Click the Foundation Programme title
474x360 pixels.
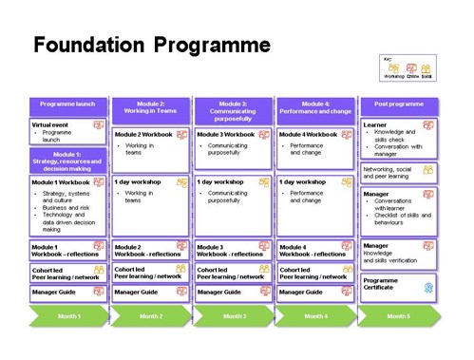(x=151, y=46)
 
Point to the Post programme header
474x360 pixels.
(x=397, y=104)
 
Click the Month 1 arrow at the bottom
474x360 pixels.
(x=68, y=314)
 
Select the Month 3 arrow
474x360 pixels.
(x=233, y=314)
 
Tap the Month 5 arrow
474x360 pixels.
(x=397, y=314)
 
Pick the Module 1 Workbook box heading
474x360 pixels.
(x=60, y=181)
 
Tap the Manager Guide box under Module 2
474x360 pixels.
(x=150, y=293)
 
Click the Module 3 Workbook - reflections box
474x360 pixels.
(x=233, y=250)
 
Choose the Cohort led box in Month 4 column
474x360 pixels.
(x=314, y=273)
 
